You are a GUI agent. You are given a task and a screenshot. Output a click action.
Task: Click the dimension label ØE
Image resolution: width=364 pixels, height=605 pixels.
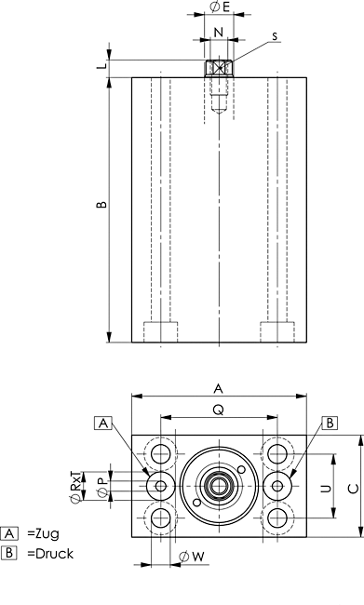[220, 7]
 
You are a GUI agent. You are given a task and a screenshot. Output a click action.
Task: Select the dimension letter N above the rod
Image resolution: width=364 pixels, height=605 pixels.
[219, 32]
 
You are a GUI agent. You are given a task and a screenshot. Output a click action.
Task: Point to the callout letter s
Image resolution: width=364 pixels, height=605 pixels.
[275, 36]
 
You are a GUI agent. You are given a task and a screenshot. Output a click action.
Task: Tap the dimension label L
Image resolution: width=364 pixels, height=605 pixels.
[102, 66]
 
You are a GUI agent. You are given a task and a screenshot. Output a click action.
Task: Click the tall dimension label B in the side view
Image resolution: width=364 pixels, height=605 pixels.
[101, 204]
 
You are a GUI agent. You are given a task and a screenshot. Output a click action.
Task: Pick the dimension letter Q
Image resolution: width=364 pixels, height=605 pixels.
[219, 410]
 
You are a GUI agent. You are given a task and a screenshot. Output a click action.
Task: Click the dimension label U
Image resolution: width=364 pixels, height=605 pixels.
[327, 489]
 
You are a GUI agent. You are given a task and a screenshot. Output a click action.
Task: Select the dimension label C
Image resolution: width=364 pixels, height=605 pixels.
[354, 489]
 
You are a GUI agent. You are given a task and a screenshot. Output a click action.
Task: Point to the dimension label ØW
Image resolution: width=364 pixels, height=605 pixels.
[192, 557]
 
